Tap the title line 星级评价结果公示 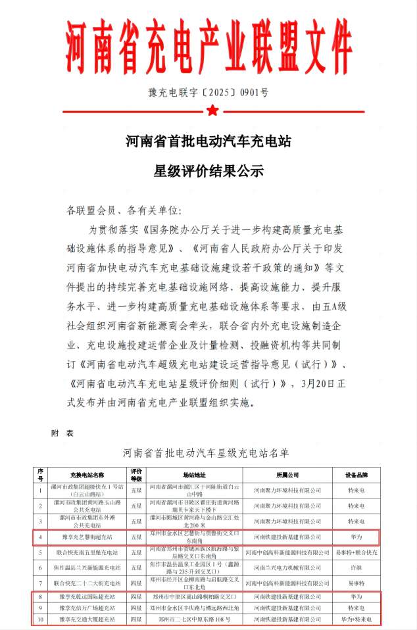point(208,172)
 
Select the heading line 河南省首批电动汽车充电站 point(208,141)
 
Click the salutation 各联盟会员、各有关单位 point(122,210)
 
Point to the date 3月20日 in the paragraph point(318,383)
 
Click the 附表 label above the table point(62,433)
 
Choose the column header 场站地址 point(194,474)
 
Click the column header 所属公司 point(287,474)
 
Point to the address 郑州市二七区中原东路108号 point(194,619)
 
